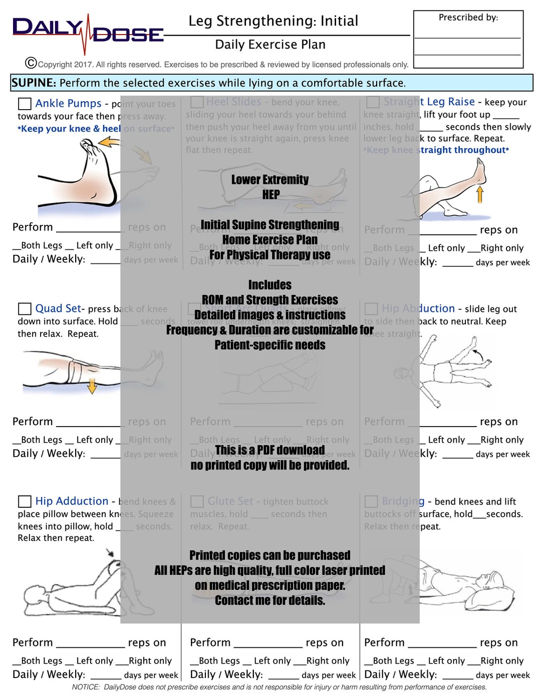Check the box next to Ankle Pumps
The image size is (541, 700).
25,104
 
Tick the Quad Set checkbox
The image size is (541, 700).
25,308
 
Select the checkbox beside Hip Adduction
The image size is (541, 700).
25,501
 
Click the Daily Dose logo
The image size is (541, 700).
88,33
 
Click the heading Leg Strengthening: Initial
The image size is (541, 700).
273,21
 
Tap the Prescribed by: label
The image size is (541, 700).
468,18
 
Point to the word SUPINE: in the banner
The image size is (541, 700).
34,83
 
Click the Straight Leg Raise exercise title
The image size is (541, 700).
429,102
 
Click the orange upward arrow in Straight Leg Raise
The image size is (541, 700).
480,194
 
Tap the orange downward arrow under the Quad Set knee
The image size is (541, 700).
92,386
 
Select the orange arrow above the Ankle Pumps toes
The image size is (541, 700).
109,143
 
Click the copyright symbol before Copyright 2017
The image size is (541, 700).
31,63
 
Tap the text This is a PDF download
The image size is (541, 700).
269,450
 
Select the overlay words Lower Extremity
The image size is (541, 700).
269,180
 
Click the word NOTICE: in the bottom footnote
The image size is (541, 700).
86,687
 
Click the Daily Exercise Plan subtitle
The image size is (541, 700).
270,45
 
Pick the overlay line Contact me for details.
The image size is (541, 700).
269,600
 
